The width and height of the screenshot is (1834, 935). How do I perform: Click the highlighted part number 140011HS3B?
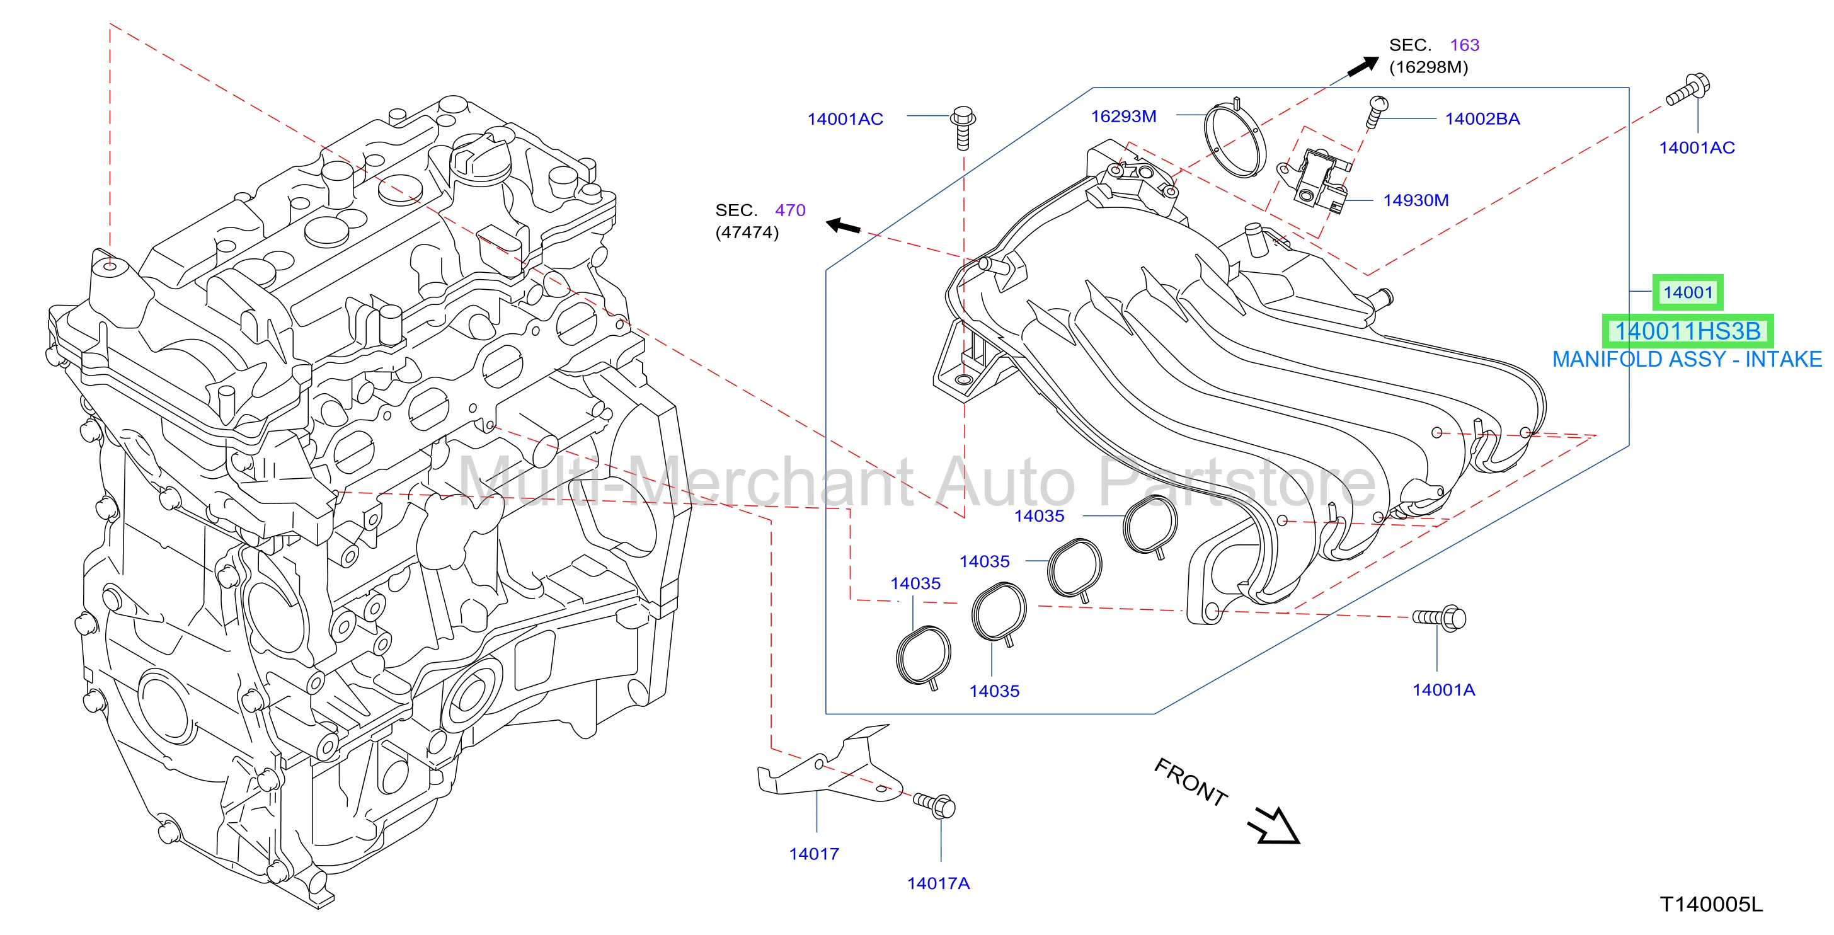[1687, 331]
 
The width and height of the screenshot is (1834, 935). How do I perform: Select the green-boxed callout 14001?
[1687, 292]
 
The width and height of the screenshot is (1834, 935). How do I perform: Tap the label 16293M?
[1123, 116]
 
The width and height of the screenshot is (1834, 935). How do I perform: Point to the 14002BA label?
[1482, 119]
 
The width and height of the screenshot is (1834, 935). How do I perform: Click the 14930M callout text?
[1416, 200]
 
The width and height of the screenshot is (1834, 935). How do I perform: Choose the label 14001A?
[1443, 689]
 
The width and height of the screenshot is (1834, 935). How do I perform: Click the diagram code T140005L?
[1711, 904]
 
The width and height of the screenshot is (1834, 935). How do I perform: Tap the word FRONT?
[1190, 782]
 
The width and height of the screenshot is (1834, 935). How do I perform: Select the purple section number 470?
[789, 210]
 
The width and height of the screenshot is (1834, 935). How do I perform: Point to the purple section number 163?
[1465, 45]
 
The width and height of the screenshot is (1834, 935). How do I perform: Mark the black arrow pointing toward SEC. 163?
[1363, 66]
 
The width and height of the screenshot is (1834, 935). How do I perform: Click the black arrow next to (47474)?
[843, 226]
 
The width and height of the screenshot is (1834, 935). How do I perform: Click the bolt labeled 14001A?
[1439, 617]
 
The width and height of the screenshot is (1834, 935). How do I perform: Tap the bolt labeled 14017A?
[934, 805]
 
